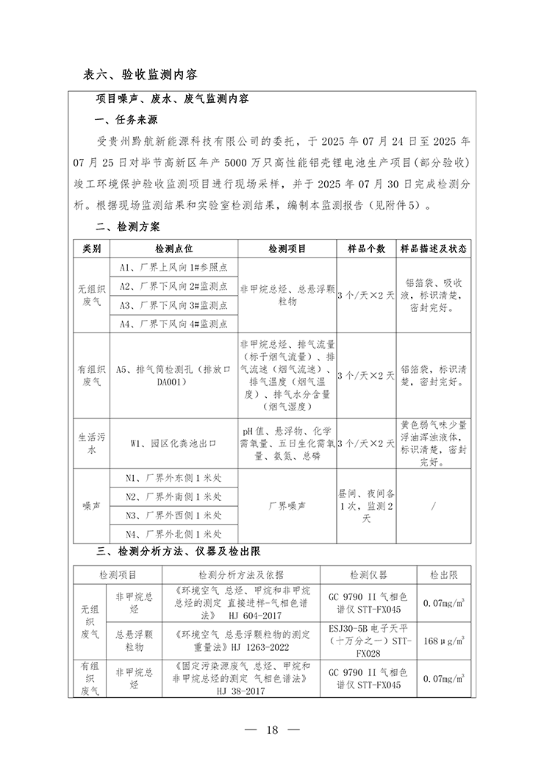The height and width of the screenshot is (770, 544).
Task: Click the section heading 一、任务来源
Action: pos(126,120)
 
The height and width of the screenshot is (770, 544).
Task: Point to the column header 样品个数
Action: pos(366,249)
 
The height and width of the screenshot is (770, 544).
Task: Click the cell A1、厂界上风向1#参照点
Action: pos(173,267)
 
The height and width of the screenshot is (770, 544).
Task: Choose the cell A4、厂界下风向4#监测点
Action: pos(173,323)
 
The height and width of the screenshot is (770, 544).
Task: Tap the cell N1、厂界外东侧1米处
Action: pos(173,479)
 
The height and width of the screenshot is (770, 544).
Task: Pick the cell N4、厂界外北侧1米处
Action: pos(173,535)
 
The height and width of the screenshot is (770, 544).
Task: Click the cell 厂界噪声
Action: pos(287,507)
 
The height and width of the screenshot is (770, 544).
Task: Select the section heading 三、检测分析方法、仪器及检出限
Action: pos(180,551)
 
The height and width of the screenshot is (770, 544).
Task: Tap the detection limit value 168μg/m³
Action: pos(443,641)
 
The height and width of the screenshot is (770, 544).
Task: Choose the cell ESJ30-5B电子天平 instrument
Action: pos(368,641)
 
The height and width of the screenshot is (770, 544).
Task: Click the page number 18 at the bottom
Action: pos(272,730)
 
